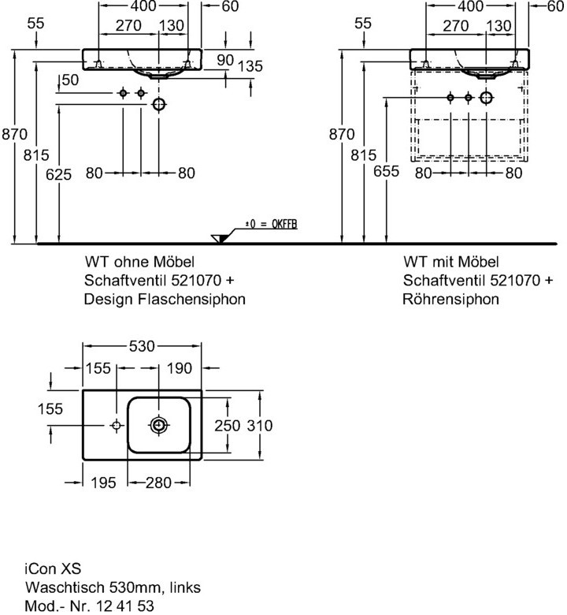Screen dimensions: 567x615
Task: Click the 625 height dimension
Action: click(59, 174)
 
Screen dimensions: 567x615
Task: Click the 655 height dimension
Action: click(387, 171)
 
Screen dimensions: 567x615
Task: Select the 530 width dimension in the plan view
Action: click(143, 346)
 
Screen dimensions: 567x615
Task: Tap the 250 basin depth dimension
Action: click(228, 426)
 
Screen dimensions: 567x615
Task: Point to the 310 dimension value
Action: click(260, 426)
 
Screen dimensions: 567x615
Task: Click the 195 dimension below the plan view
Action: click(103, 483)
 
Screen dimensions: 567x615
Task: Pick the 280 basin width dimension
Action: click(159, 483)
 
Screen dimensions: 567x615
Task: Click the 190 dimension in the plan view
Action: click(180, 368)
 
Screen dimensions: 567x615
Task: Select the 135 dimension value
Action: click(250, 66)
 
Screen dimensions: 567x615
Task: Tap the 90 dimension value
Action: click(225, 60)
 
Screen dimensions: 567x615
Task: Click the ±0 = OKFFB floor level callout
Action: click(271, 225)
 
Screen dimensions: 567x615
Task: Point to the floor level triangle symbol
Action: click(219, 238)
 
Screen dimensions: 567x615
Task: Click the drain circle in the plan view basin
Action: click(159, 425)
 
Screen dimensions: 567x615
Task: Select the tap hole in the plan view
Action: click(116, 425)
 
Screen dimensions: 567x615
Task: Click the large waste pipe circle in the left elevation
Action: click(159, 104)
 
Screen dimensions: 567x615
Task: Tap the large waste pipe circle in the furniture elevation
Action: click(486, 97)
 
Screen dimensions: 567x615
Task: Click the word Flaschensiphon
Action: click(191, 300)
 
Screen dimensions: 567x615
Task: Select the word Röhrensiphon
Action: click(451, 300)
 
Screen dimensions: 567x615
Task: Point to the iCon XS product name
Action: click(53, 568)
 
